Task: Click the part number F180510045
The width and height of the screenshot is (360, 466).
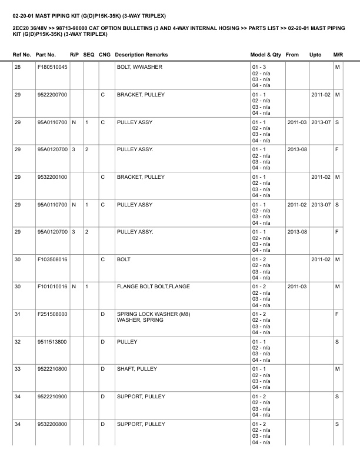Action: point(52,68)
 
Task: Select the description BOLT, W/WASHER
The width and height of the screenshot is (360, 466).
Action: point(139,68)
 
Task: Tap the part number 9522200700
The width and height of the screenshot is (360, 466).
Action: point(52,95)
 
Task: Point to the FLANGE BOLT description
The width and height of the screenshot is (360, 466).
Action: point(152,287)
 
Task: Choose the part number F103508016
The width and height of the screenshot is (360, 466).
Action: point(52,259)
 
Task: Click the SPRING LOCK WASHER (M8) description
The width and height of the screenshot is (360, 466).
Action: point(154,314)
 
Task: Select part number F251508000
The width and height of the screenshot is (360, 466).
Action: point(52,314)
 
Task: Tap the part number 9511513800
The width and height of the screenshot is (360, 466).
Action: point(52,342)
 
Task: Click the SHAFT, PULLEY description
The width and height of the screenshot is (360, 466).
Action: point(137,369)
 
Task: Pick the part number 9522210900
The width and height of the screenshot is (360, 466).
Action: point(52,397)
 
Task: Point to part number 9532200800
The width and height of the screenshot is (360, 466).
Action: point(52,424)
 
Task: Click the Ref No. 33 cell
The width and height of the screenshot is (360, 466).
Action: point(18,369)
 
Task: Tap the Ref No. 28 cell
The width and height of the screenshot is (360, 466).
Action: point(18,68)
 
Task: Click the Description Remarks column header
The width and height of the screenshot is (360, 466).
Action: point(141,55)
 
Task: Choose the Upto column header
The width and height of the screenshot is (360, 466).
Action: point(315,55)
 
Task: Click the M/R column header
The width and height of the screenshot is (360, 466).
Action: point(338,55)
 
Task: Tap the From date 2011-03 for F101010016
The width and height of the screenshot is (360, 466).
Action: point(296,287)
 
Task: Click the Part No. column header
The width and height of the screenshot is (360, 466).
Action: point(46,55)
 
